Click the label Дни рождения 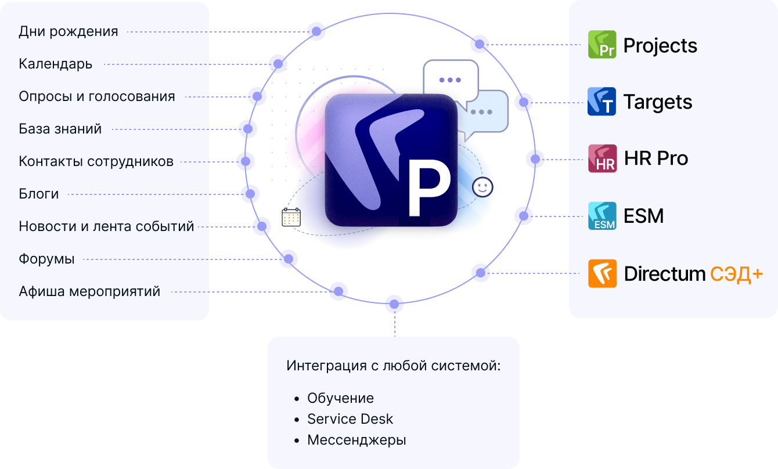coord(69,31)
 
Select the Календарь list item coord(56,64)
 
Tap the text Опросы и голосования coord(97,96)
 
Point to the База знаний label coord(60,129)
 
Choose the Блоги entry coord(39,194)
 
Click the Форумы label coord(47,259)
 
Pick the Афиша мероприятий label coord(89,291)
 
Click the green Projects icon coord(602,45)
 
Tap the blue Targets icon coord(602,102)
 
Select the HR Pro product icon coord(602,158)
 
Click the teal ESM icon coord(602,216)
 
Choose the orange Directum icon coord(602,273)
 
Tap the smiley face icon coord(482,186)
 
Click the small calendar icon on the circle coord(291,217)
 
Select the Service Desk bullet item coord(350,419)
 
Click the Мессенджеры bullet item coord(356,440)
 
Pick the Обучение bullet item coord(340,398)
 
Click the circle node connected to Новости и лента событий coord(262,226)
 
